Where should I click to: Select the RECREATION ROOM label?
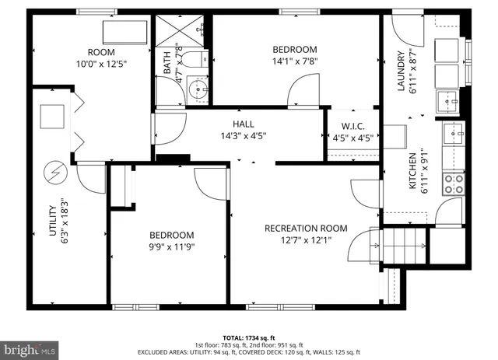(x=306, y=228)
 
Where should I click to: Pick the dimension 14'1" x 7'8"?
(x=295, y=61)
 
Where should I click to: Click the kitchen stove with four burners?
(x=453, y=183)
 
